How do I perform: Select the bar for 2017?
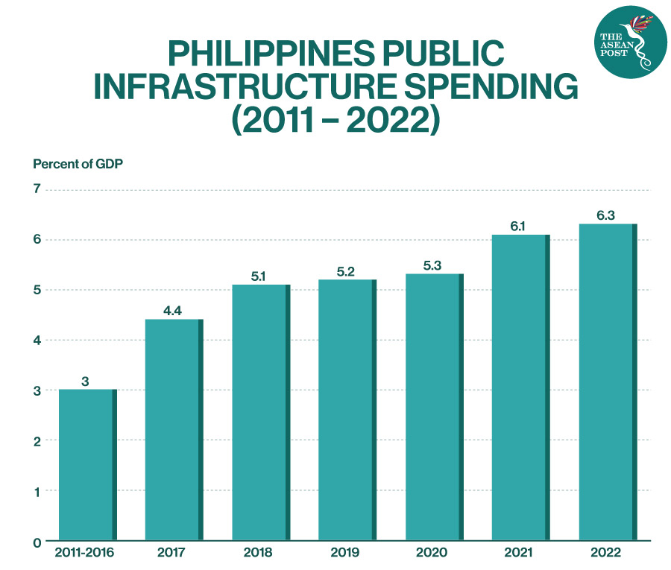click(x=174, y=429)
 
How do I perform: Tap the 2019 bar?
click(x=347, y=410)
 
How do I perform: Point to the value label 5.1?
click(x=259, y=276)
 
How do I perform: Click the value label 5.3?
click(x=432, y=265)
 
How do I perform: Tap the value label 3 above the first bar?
click(x=86, y=381)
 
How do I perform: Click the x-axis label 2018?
click(x=259, y=553)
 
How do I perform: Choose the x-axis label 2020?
click(x=432, y=553)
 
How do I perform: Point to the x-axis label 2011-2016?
click(x=86, y=553)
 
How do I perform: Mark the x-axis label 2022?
click(x=606, y=553)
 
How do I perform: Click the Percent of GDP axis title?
click(x=78, y=165)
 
